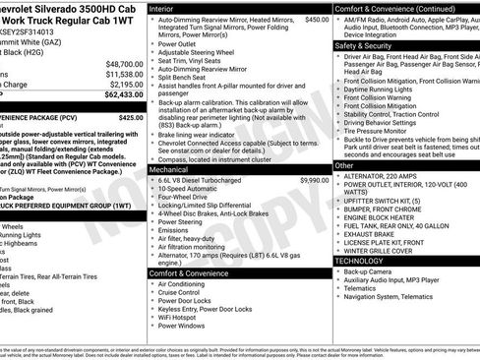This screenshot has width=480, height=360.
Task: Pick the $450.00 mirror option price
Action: tap(317, 19)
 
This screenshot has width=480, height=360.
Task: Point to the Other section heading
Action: tap(344, 165)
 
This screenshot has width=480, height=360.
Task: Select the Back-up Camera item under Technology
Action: tap(370, 270)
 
